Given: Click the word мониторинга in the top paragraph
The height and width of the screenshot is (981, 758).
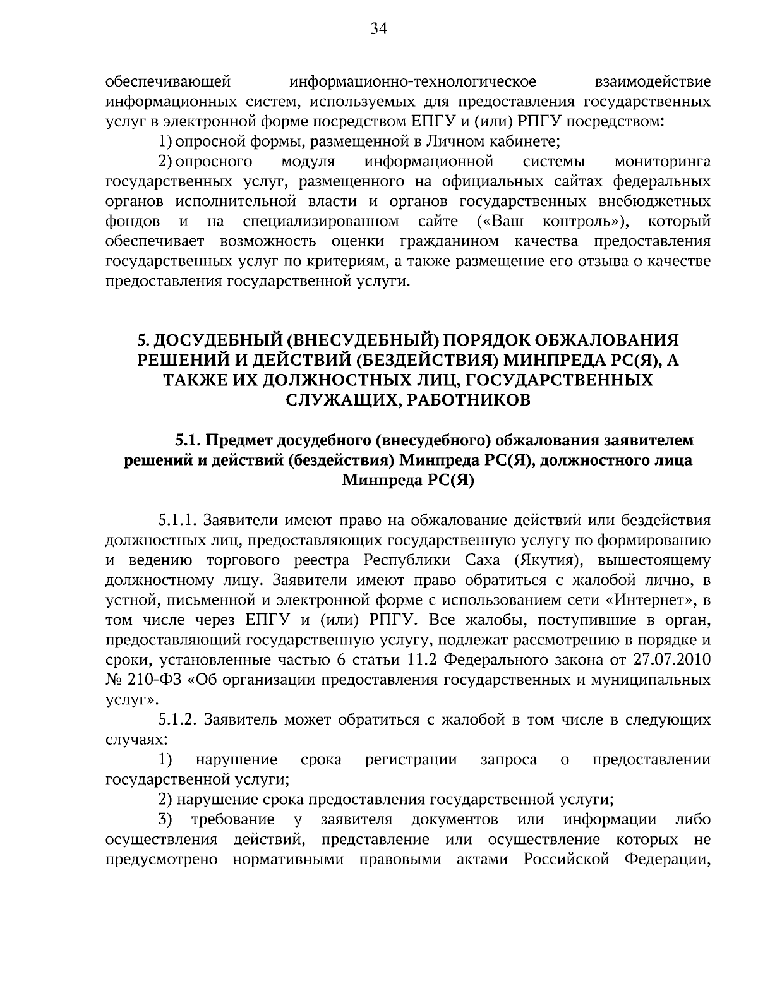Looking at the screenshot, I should pyautogui.click(x=662, y=162).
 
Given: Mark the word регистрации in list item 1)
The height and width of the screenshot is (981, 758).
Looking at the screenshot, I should pyautogui.click(x=411, y=760).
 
